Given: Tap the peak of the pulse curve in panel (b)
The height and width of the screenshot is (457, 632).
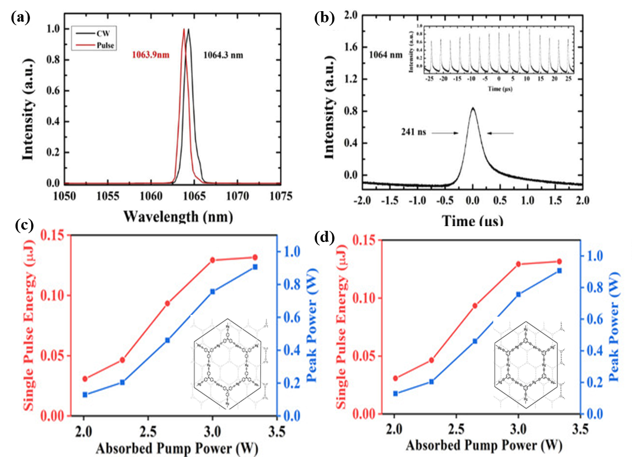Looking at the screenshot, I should [472, 108].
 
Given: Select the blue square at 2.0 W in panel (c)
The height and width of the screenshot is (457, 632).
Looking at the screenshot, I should [85, 394].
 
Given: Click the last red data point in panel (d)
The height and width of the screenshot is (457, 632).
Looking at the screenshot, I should [559, 261].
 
